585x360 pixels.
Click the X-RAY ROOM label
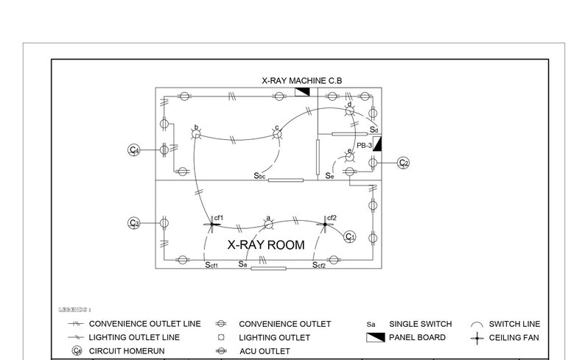coord(265,245)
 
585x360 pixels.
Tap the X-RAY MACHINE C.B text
coord(301,80)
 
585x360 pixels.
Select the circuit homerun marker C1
coord(351,236)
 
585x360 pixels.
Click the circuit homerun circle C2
coord(403,163)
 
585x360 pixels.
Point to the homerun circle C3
coord(134,222)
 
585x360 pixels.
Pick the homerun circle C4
coord(134,150)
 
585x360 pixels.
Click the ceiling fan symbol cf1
coord(211,224)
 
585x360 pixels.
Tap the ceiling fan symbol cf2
coord(325,224)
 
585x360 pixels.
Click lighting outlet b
coord(197,133)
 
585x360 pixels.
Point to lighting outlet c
coord(278,133)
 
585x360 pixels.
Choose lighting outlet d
coord(351,110)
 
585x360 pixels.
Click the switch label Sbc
coord(259,176)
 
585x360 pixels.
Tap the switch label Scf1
coord(212,264)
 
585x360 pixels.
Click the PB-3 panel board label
coord(363,146)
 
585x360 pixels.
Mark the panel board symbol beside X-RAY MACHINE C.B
coord(302,91)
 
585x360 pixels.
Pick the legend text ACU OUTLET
coord(265,351)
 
